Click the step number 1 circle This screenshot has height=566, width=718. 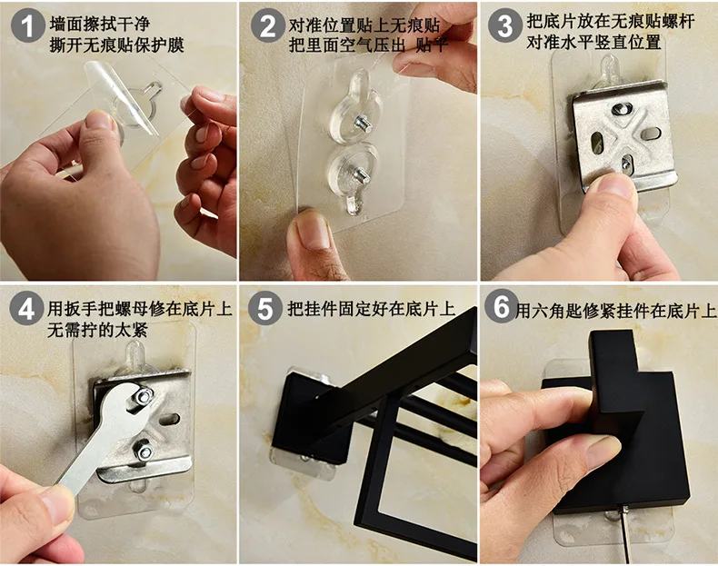(27, 26)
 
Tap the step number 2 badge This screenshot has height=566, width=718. (267, 26)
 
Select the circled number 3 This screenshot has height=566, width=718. (504, 26)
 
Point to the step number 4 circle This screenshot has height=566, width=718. (26, 309)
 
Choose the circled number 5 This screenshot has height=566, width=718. (265, 309)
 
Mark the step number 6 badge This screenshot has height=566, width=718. (502, 306)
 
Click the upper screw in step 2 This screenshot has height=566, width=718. (363, 123)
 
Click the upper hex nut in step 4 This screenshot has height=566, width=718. (144, 396)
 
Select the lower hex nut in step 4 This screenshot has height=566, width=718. (144, 452)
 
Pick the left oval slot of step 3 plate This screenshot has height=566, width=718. (595, 144)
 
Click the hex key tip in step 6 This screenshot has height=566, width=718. (623, 508)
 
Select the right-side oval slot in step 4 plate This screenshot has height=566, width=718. (171, 418)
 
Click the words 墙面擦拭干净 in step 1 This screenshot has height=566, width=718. (100, 24)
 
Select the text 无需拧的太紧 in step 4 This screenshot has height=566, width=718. (97, 330)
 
